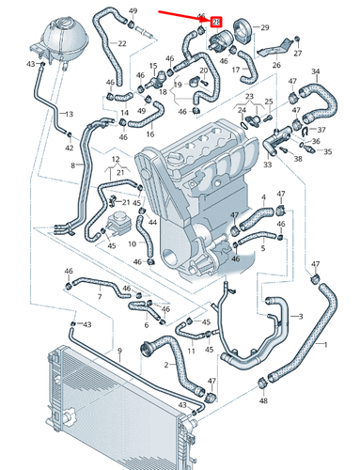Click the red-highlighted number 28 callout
[x=217, y=21]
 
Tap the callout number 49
[x=133, y=10]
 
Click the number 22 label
[x=123, y=43]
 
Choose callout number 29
[x=264, y=28]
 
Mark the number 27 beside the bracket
[x=298, y=55]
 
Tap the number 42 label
[x=69, y=148]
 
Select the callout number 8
[x=72, y=165]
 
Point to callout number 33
[x=268, y=164]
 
